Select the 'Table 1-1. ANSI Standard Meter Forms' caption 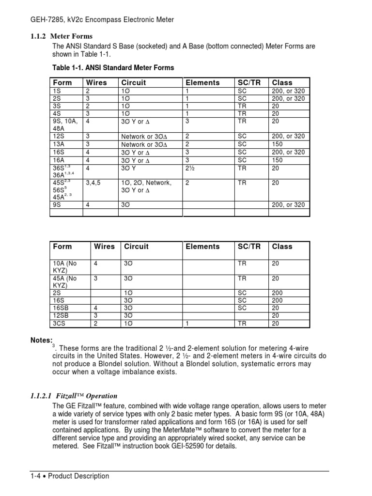[x=113, y=67]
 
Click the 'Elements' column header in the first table [x=202, y=82]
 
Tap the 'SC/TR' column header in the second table [x=249, y=246]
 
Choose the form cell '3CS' [x=60, y=323]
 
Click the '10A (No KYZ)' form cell [x=65, y=267]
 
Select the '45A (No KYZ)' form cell [x=65, y=282]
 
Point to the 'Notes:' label [x=41, y=341]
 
